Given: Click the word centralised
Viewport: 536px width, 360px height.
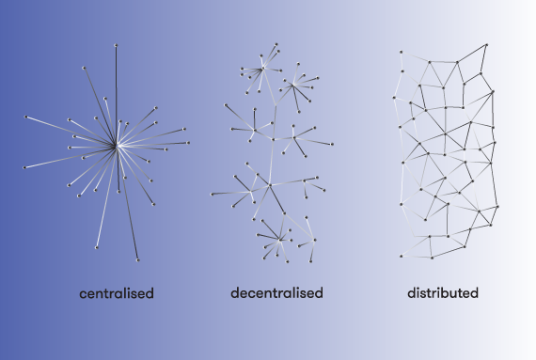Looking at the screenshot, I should [117, 293].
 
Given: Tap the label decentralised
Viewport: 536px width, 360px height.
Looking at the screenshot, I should [276, 293].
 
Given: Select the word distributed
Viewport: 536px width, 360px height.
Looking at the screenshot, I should [443, 293].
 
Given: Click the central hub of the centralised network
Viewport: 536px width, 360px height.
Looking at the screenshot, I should [117, 146].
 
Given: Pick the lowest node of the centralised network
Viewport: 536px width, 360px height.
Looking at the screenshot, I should [137, 260].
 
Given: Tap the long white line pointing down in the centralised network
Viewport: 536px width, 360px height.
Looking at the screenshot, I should [104, 198].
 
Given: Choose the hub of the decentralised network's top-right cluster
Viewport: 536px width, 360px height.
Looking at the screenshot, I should [293, 86].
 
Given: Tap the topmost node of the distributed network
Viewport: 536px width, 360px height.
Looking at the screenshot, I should [488, 43].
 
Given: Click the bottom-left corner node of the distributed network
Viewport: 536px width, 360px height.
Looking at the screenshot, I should [400, 256].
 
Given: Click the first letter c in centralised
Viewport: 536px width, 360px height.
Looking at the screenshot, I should [83, 294].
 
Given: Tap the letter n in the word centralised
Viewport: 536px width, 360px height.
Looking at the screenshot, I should [100, 294].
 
